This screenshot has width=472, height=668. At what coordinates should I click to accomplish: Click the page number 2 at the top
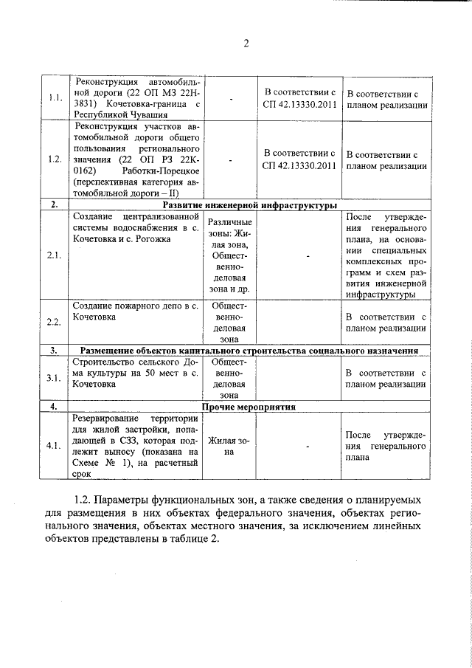coord(246,43)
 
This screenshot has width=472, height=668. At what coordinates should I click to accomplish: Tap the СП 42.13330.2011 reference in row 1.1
coord(299,98)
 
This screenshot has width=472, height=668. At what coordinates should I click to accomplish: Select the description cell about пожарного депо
coord(134,310)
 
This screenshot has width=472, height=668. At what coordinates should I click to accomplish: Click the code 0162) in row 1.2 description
coord(86,168)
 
